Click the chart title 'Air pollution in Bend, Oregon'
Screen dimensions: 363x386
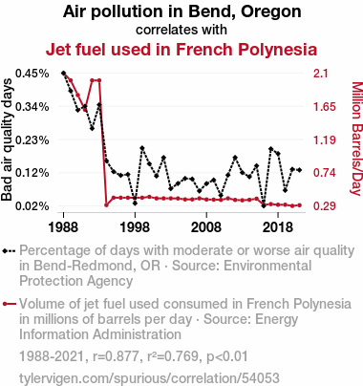[181, 12]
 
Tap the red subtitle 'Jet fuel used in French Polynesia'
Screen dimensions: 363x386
[181, 50]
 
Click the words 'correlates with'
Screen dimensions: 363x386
[181, 30]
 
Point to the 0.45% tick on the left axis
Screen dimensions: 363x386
[32, 74]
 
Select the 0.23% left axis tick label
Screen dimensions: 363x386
[32, 139]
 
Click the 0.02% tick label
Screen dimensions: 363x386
[32, 206]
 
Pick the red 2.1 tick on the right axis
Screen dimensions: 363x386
[320, 74]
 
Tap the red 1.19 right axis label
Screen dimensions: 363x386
[324, 139]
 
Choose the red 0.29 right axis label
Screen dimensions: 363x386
[324, 206]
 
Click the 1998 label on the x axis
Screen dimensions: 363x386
[135, 227]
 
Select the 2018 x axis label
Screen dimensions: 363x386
[278, 227]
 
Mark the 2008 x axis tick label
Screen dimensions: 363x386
[206, 227]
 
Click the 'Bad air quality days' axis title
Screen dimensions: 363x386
[7, 139]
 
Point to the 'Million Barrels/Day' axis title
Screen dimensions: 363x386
[357, 139]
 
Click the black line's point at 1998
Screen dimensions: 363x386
[135, 204]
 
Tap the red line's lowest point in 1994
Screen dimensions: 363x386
[106, 204]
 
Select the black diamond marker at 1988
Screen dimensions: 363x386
[63, 74]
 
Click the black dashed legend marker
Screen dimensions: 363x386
[9, 251]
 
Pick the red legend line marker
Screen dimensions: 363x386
[9, 304]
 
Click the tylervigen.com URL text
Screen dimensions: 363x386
[149, 378]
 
